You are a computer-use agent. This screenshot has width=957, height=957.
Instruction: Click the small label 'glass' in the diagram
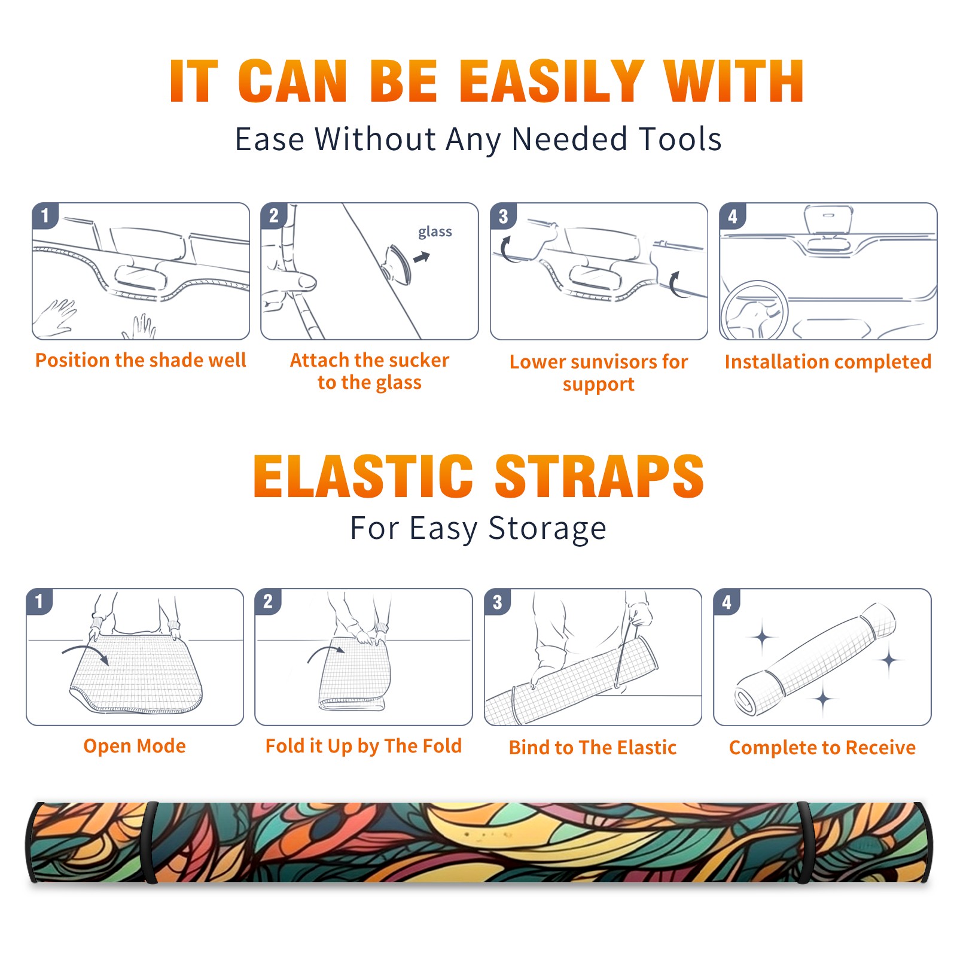435,232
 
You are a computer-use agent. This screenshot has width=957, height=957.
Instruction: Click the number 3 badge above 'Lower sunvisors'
503,216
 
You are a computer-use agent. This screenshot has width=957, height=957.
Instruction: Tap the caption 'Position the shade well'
141,360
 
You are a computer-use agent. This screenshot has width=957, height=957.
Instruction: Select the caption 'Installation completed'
828,361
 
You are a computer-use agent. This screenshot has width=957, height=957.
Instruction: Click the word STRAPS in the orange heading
599,476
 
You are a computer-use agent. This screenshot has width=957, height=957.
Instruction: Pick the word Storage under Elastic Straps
547,529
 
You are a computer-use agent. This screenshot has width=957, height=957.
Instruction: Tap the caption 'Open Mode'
135,746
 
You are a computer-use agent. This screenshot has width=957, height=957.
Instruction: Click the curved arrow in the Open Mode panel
86,652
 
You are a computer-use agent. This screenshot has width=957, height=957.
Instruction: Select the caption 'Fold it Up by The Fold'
364,746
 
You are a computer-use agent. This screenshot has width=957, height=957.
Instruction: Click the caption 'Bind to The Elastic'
593,747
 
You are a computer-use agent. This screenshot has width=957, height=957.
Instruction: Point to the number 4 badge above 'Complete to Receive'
727,602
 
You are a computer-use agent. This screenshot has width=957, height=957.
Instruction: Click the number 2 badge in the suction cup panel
274,216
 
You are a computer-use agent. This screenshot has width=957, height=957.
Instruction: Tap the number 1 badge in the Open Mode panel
39,602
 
